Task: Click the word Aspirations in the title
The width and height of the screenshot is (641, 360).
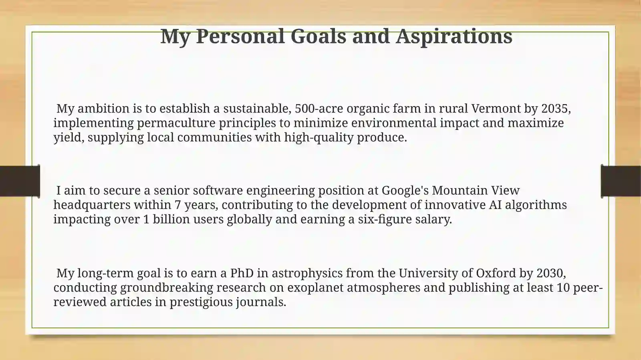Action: pyautogui.click(x=454, y=36)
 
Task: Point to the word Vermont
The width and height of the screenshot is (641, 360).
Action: pyautogui.click(x=496, y=109)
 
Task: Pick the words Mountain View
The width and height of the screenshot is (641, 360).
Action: pyautogui.click(x=476, y=190)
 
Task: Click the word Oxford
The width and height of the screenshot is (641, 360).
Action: pyautogui.click(x=496, y=273)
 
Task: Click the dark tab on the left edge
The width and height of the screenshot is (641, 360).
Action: pyautogui.click(x=20, y=181)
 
